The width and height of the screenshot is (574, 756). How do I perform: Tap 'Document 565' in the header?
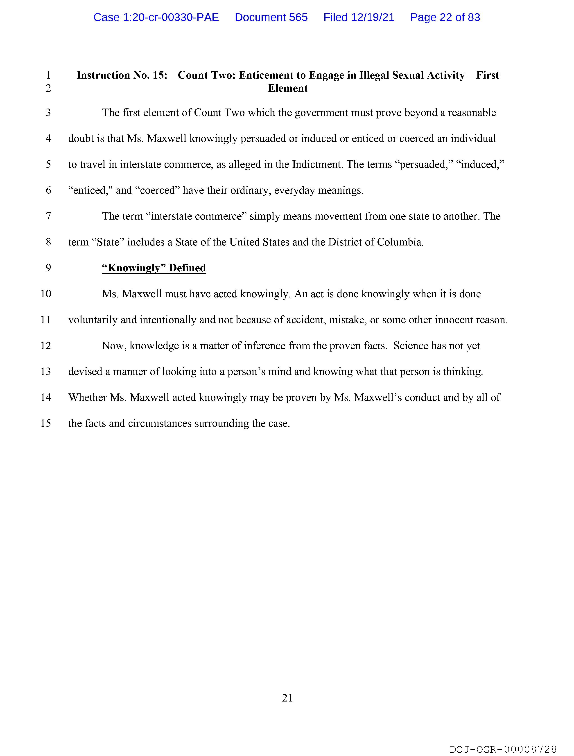point(271,17)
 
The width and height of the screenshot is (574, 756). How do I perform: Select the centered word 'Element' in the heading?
point(288,88)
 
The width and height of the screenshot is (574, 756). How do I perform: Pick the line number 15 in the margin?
point(46,423)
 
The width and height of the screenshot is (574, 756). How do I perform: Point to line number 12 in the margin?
point(46,345)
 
